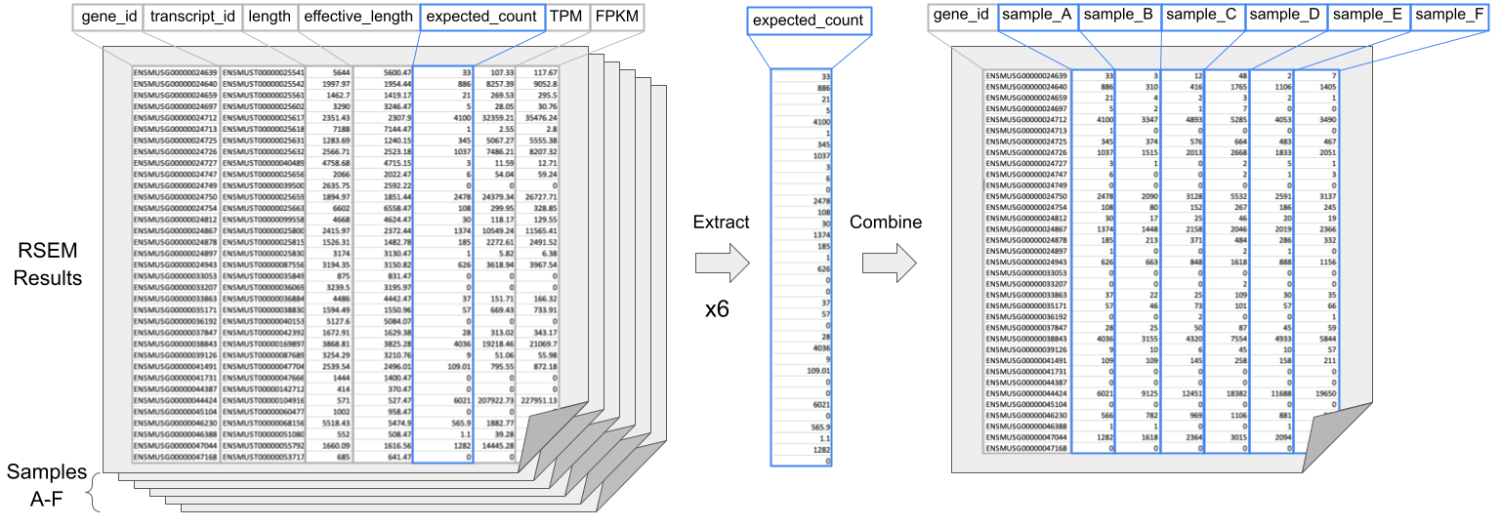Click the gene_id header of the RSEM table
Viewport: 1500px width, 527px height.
pyautogui.click(x=107, y=18)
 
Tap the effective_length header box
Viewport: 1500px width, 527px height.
pyautogui.click(x=358, y=18)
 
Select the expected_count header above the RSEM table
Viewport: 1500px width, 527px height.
pyautogui.click(x=482, y=18)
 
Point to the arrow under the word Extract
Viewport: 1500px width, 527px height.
pyautogui.click(x=722, y=262)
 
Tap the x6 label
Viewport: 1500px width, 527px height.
pyautogui.click(x=719, y=309)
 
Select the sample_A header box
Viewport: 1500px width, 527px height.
pyautogui.click(x=1038, y=17)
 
